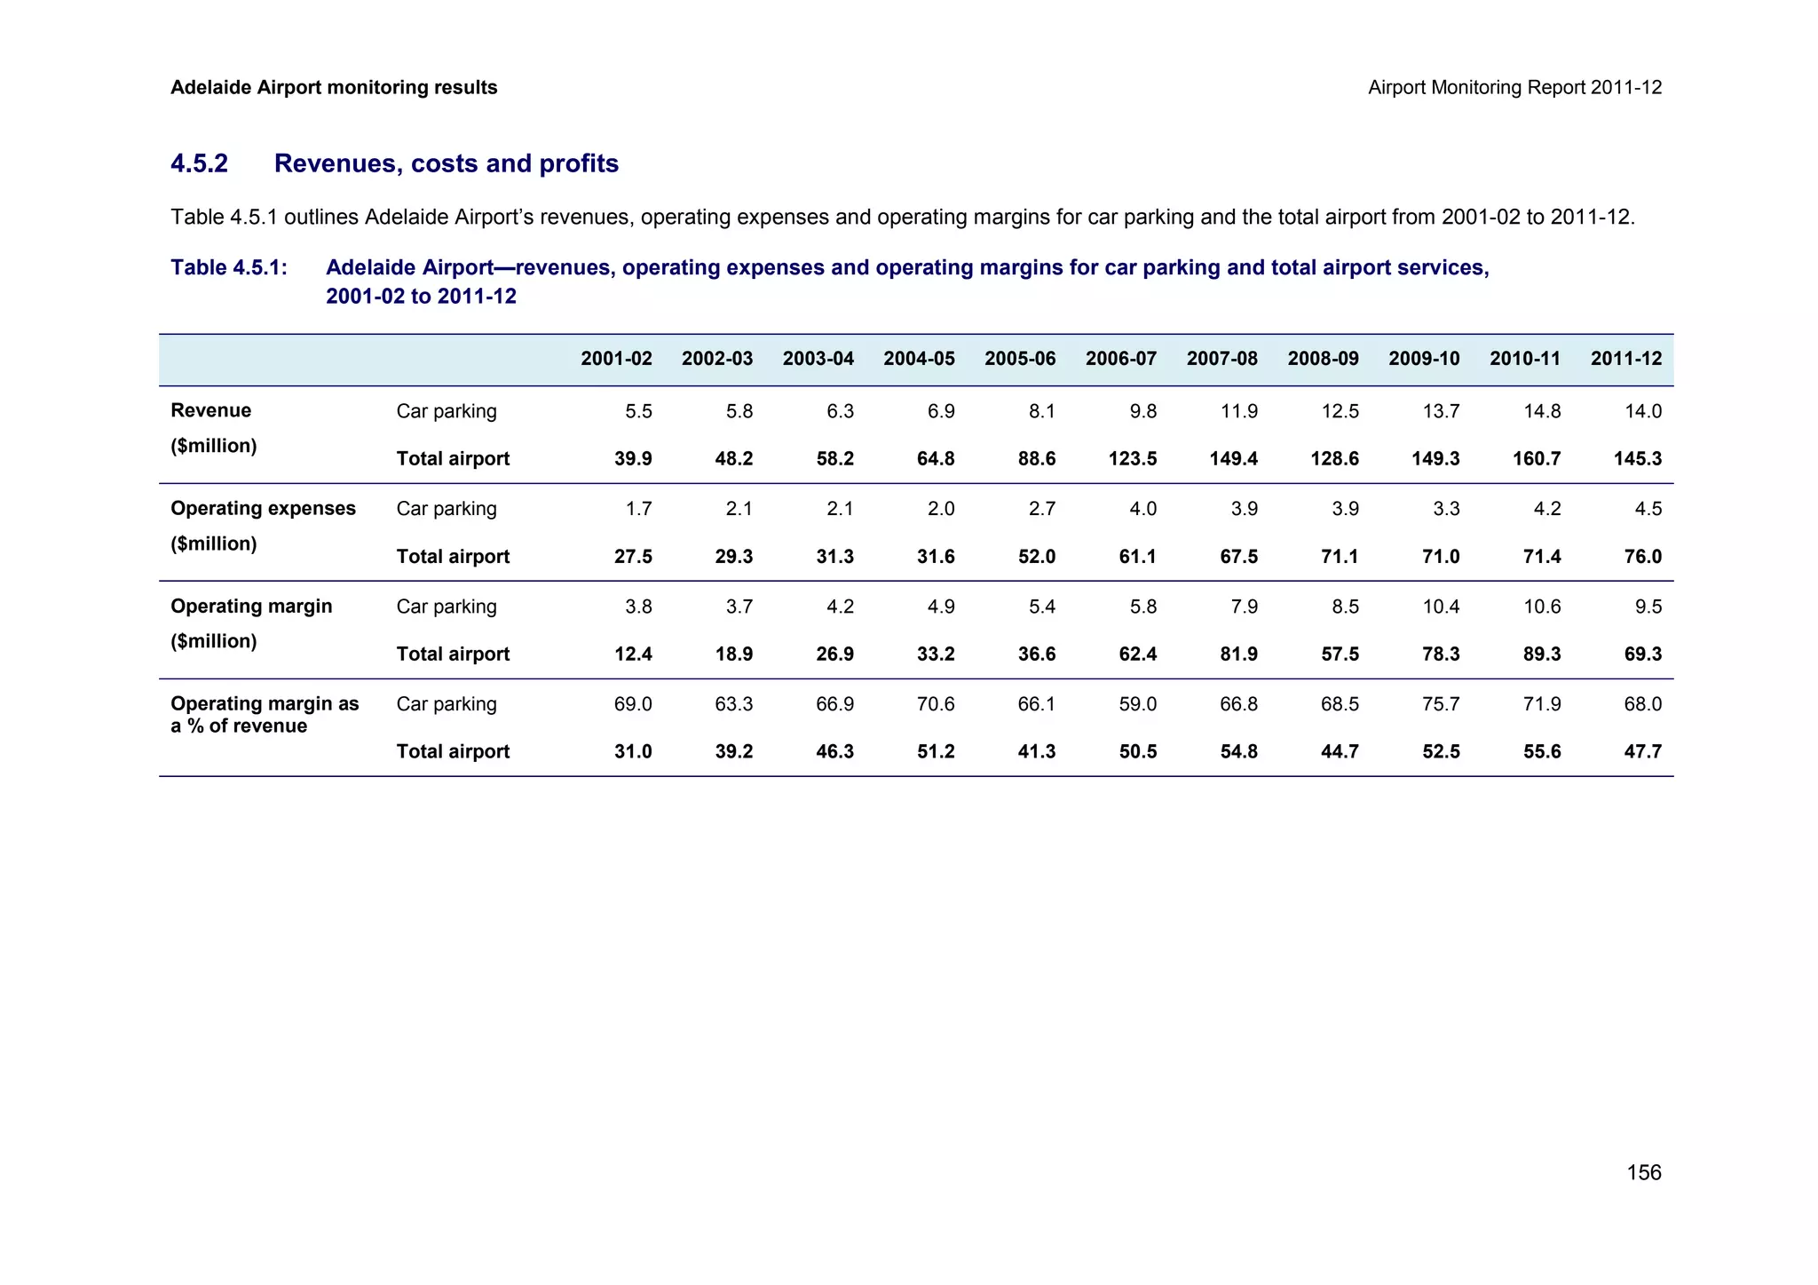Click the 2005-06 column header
tap(1020, 359)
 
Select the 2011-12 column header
tap(1626, 359)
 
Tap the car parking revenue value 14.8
tap(1542, 411)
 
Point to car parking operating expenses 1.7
tap(638, 509)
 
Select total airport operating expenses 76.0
tap(1643, 557)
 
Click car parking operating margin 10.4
tap(1441, 607)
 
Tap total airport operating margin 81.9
tap(1238, 654)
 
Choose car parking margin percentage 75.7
tap(1441, 704)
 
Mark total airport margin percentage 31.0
tap(633, 752)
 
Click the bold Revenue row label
tap(210, 410)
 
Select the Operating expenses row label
tap(263, 508)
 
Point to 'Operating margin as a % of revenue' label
tap(265, 715)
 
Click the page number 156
tap(1643, 1173)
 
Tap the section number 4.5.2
tap(199, 163)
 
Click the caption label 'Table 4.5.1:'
tap(229, 267)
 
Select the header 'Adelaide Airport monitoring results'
tap(334, 87)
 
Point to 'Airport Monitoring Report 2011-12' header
tap(1514, 87)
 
